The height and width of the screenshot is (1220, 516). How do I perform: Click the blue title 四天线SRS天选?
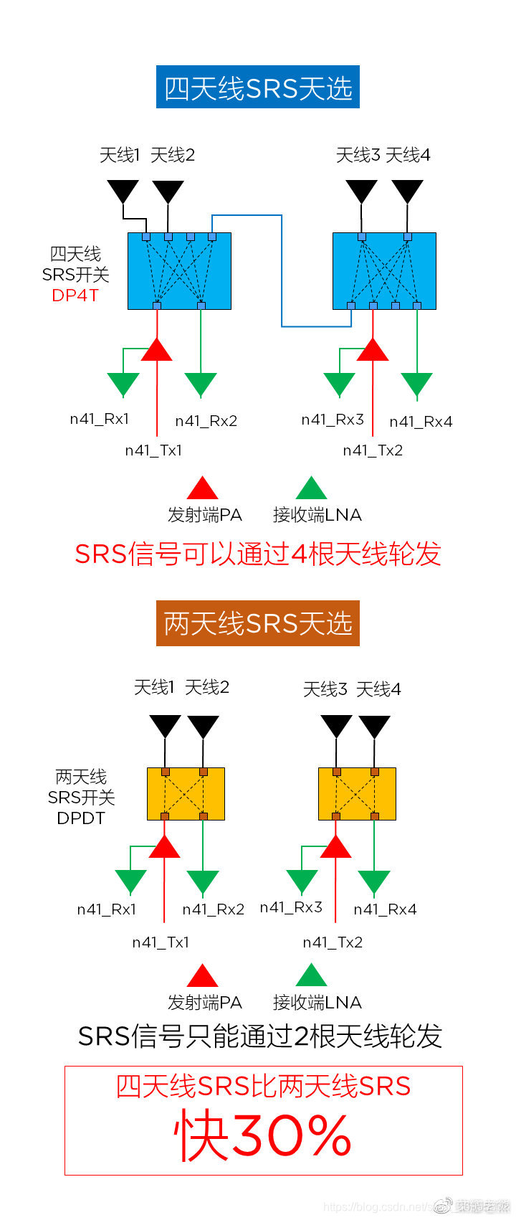click(258, 88)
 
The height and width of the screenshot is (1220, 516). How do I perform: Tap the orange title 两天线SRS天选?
click(258, 623)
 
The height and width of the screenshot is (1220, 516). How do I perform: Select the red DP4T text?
click(75, 295)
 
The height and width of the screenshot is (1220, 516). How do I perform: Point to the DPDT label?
click(80, 818)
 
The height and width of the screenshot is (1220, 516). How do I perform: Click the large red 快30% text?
click(263, 1136)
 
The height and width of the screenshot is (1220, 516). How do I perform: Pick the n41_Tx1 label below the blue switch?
click(153, 450)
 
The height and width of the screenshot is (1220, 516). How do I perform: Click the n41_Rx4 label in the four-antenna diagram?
click(421, 422)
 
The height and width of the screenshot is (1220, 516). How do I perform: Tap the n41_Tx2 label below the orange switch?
click(333, 942)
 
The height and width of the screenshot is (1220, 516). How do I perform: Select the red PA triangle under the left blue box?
click(156, 350)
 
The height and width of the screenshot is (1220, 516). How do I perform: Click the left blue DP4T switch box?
click(179, 270)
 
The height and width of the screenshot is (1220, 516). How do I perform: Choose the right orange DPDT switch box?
click(357, 794)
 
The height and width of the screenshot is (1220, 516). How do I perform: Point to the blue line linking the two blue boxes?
click(281, 273)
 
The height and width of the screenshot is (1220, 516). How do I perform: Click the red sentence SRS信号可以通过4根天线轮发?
click(258, 554)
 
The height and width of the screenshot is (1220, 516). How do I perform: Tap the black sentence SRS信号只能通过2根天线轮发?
click(259, 1036)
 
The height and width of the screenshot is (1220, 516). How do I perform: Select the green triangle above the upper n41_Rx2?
click(201, 384)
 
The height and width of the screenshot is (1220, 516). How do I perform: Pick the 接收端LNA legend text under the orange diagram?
click(317, 1002)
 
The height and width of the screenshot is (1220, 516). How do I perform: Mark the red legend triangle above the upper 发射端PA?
click(202, 488)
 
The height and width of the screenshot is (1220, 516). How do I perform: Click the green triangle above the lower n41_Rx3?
click(302, 881)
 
